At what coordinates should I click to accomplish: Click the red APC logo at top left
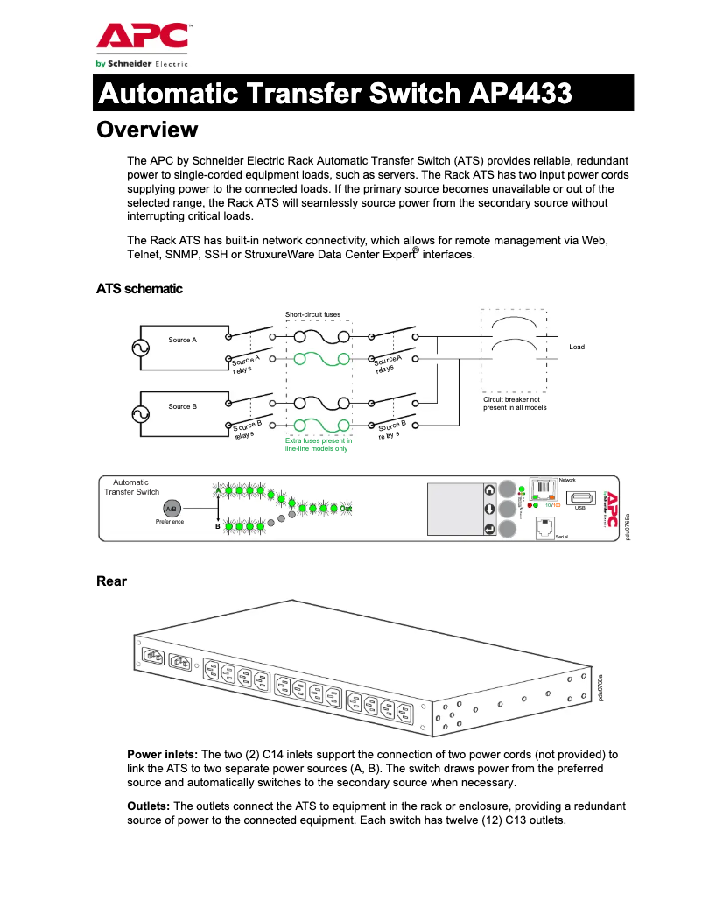pos(142,36)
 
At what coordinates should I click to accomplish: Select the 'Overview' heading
pos(147,130)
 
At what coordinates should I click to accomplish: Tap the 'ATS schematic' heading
pos(139,288)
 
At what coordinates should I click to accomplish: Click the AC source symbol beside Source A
pos(140,348)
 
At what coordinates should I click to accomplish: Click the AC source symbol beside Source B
pos(140,414)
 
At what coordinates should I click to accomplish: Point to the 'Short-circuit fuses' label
pos(312,314)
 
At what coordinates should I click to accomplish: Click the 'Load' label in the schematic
pos(576,348)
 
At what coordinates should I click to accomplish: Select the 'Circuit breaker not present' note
pos(515,404)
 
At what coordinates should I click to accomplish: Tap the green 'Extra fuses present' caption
pos(318,445)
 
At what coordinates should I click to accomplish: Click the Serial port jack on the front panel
pos(544,527)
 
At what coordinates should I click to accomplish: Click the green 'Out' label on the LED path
pos(346,509)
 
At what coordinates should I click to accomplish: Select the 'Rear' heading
pos(111,581)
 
